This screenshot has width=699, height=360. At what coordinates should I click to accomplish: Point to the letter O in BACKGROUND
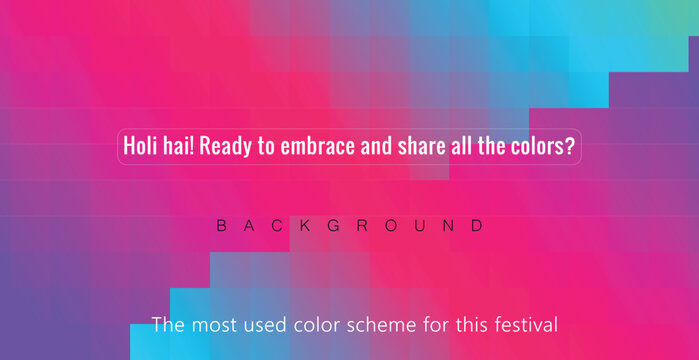pos(392,226)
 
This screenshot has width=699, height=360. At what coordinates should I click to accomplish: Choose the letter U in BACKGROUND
pos(420,226)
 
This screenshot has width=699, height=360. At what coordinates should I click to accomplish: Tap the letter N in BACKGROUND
pos(449,226)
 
